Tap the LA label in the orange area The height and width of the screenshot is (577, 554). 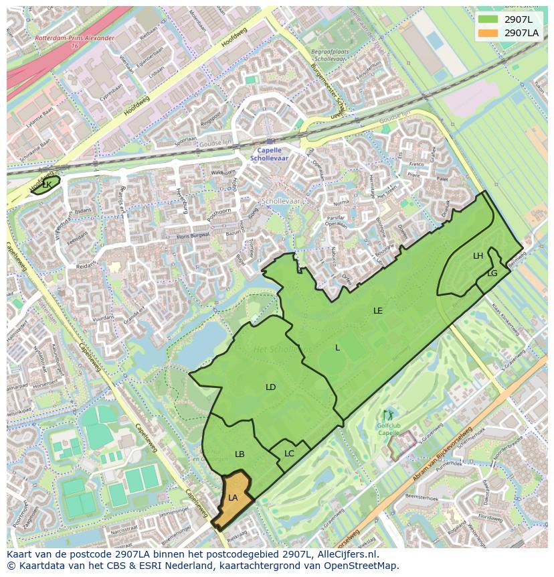pos(233,498)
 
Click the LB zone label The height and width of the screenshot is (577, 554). pos(240,454)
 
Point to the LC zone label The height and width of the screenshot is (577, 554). pos(289,454)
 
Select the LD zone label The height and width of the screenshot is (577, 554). pos(270,387)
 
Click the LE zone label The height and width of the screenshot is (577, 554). pos(378,311)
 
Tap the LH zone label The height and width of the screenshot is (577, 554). pos(478,256)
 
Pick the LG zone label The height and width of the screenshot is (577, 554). pos(492,273)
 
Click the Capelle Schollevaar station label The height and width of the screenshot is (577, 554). pos(270,154)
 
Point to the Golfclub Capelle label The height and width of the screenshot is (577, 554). pos(388,430)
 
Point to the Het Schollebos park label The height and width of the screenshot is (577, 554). pos(282,349)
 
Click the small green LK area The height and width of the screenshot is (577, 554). pos(45,184)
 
